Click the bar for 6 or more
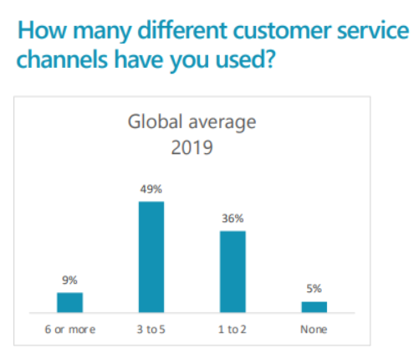[x=70, y=302]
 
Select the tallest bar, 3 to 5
[x=151, y=257]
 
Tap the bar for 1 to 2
[x=232, y=272]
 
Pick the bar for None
[x=314, y=307]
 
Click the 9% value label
[x=69, y=280]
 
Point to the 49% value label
[x=151, y=189]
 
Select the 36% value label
[x=232, y=219]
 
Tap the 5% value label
[x=314, y=289]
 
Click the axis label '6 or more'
[x=70, y=330]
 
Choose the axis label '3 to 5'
[x=151, y=330]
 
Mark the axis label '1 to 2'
[x=232, y=330]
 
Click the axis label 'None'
[x=314, y=330]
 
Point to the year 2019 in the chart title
[x=192, y=147]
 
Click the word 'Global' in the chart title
[x=155, y=121]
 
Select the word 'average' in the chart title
[x=222, y=123]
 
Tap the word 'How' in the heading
[x=42, y=30]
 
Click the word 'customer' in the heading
[x=283, y=31]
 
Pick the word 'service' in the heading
[x=373, y=30]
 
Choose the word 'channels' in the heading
[x=62, y=59]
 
